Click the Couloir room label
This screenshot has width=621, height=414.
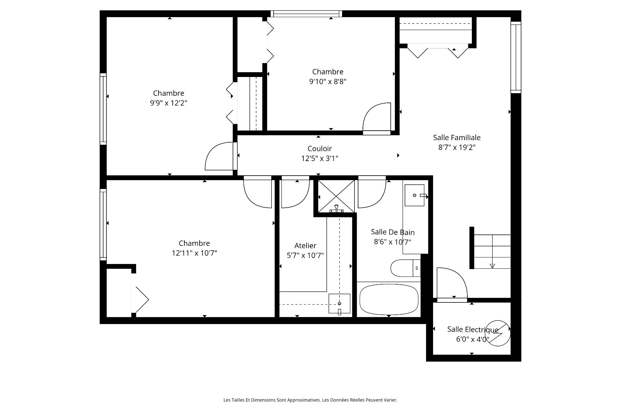[320, 148]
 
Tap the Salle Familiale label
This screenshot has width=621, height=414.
[457, 137]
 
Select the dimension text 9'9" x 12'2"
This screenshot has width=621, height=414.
[169, 103]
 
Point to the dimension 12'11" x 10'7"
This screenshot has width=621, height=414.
[194, 253]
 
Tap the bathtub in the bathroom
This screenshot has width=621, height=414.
[389, 299]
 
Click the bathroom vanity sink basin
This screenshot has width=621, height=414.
[414, 195]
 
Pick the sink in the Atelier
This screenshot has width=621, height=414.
[339, 303]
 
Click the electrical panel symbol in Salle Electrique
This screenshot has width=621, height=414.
[497, 333]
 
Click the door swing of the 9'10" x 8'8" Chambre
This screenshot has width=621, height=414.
[377, 117]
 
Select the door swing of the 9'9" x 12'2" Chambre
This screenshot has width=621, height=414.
[219, 156]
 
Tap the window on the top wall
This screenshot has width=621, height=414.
[306, 14]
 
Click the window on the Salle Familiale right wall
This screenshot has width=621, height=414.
[516, 58]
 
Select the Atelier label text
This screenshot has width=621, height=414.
[305, 245]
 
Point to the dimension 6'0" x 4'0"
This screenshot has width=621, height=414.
[473, 339]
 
